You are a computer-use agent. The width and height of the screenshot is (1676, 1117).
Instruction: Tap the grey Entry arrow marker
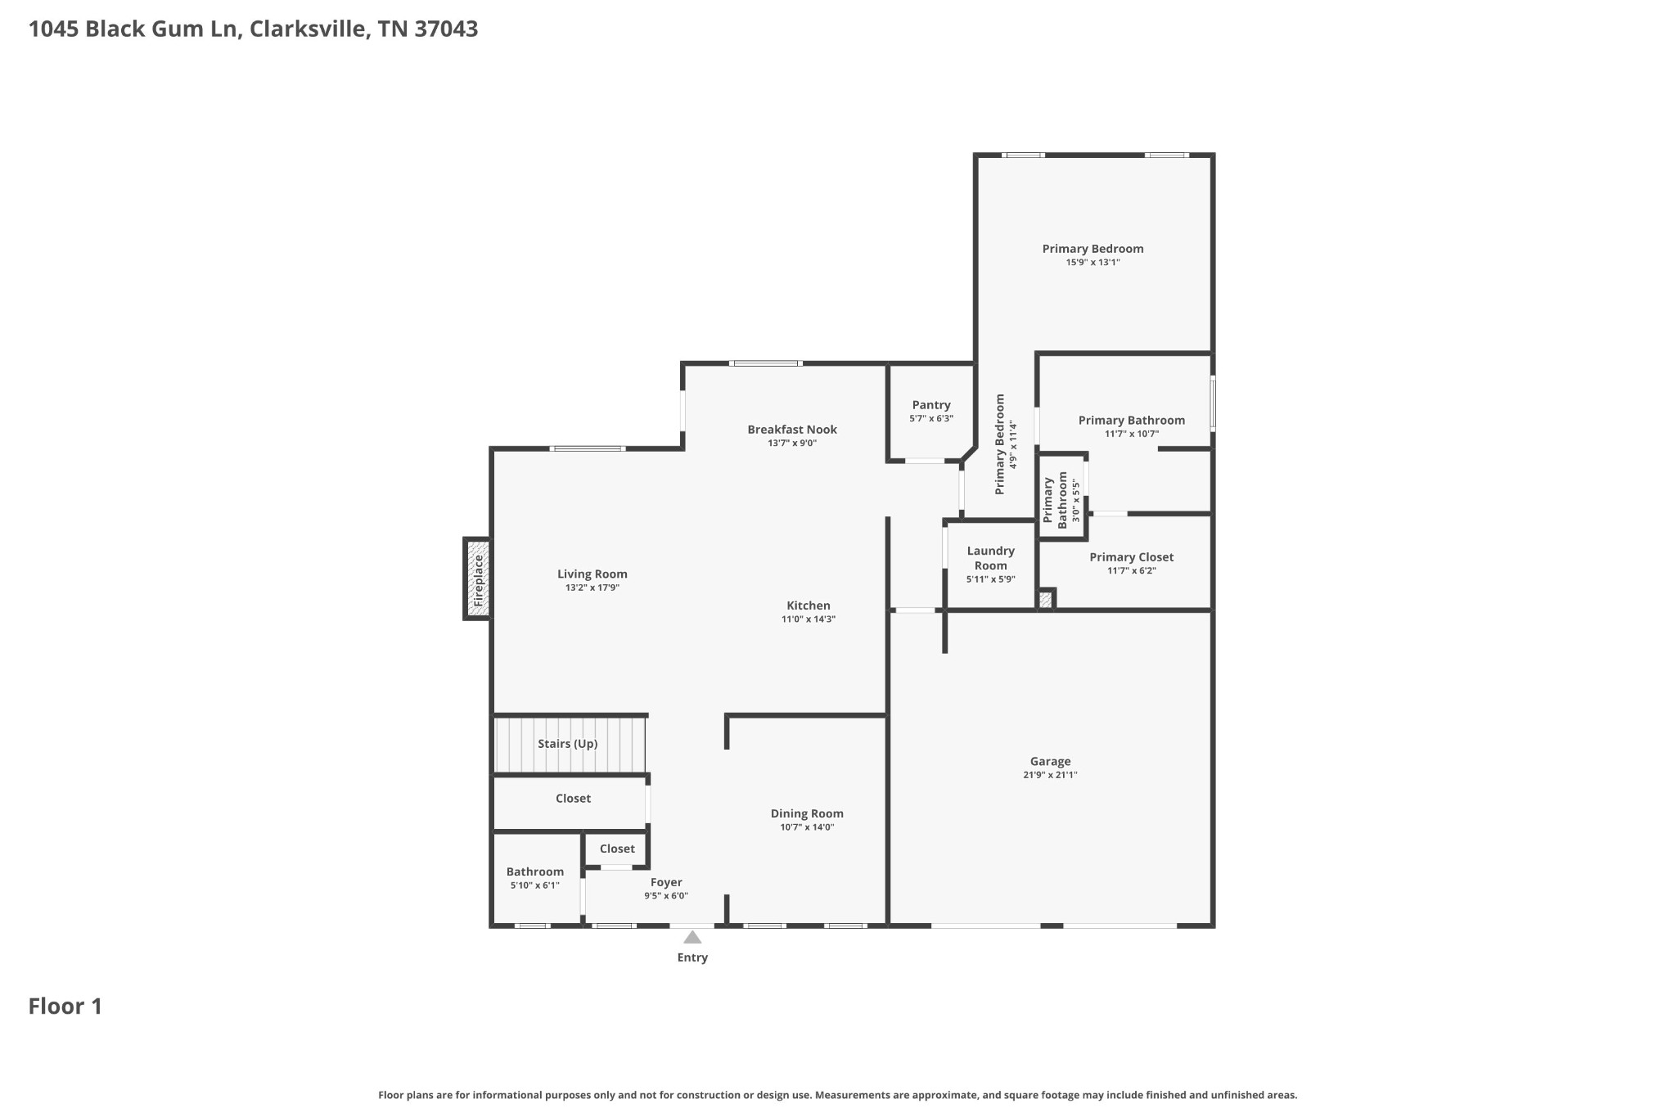click(x=692, y=938)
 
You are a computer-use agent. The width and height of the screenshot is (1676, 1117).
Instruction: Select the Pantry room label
click(x=931, y=405)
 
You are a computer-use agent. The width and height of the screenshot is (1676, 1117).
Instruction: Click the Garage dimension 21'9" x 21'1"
click(x=1050, y=775)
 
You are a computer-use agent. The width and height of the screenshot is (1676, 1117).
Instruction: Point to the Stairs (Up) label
click(x=567, y=744)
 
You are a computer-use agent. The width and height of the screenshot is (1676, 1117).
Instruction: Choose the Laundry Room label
click(x=990, y=558)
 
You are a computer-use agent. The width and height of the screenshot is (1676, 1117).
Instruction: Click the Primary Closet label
click(x=1131, y=557)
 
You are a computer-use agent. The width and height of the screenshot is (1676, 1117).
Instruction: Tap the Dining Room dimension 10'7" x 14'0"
click(x=807, y=827)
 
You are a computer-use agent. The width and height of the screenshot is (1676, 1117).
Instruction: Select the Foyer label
click(x=666, y=882)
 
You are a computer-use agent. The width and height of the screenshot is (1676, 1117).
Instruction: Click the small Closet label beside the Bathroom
click(x=617, y=849)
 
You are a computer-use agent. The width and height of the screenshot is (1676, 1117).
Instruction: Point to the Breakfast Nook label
click(x=792, y=430)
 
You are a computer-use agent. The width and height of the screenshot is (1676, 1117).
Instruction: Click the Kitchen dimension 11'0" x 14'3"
click(x=808, y=619)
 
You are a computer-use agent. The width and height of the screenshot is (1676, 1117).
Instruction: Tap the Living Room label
click(x=592, y=574)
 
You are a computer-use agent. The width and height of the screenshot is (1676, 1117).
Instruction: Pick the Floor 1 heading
click(x=65, y=1007)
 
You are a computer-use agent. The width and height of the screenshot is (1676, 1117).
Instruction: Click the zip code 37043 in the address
click(x=446, y=29)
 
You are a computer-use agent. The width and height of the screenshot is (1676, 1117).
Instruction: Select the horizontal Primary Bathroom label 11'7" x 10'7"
click(x=1131, y=421)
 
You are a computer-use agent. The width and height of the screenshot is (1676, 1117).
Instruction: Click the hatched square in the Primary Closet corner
click(x=1045, y=600)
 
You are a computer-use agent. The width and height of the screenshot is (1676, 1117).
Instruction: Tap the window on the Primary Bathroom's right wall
click(x=1213, y=403)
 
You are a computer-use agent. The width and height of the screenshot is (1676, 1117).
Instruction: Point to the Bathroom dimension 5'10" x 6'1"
click(x=534, y=885)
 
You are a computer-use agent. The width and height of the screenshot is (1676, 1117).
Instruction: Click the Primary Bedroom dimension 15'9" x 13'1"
click(x=1093, y=263)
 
